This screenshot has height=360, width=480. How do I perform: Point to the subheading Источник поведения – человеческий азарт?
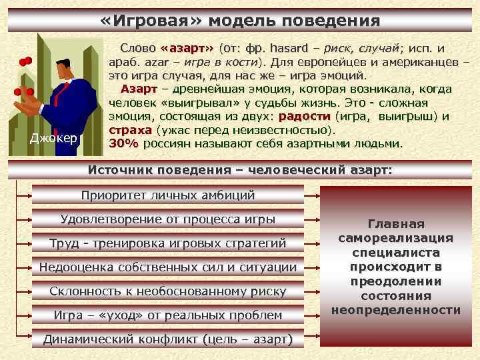(240, 170)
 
